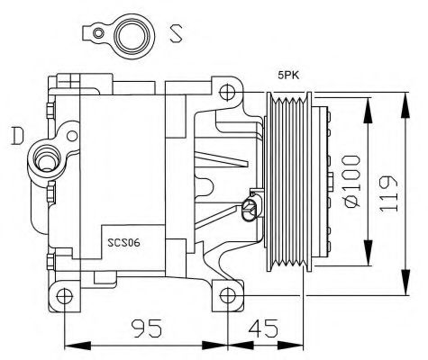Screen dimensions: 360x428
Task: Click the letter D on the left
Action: click(16, 137)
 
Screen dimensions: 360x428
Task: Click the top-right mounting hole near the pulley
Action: click(229, 91)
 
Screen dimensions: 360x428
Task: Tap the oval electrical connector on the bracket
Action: click(250, 211)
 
